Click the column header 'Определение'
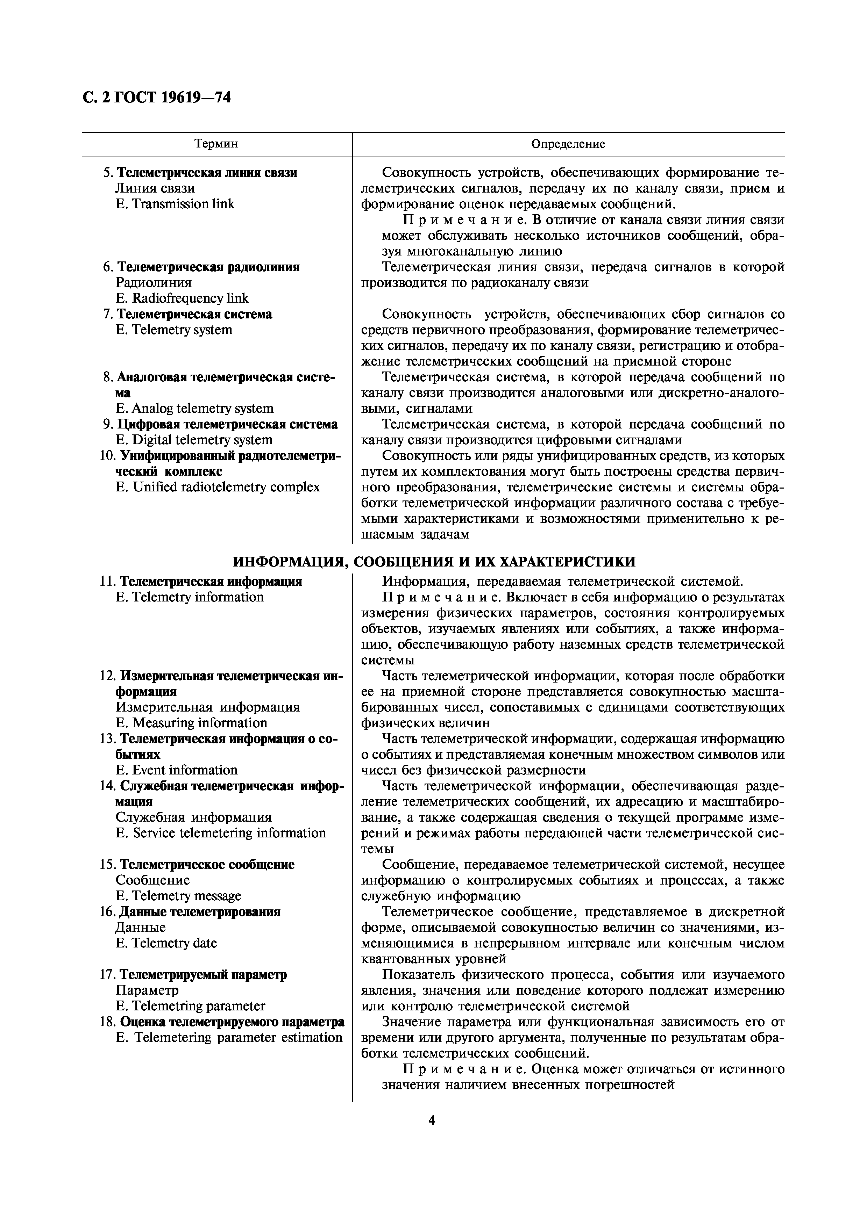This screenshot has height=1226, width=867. (x=568, y=144)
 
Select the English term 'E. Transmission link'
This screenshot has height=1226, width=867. (x=175, y=204)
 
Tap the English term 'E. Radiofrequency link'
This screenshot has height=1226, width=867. (x=182, y=298)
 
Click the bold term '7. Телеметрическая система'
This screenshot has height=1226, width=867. (x=187, y=314)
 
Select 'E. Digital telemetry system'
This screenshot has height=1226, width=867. (x=194, y=440)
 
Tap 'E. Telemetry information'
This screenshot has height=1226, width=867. (x=190, y=597)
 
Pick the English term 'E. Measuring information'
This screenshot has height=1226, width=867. (x=191, y=723)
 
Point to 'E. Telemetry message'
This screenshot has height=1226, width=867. (x=178, y=896)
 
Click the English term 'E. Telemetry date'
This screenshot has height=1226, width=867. (x=166, y=943)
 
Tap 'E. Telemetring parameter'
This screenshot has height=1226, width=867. (x=190, y=1006)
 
